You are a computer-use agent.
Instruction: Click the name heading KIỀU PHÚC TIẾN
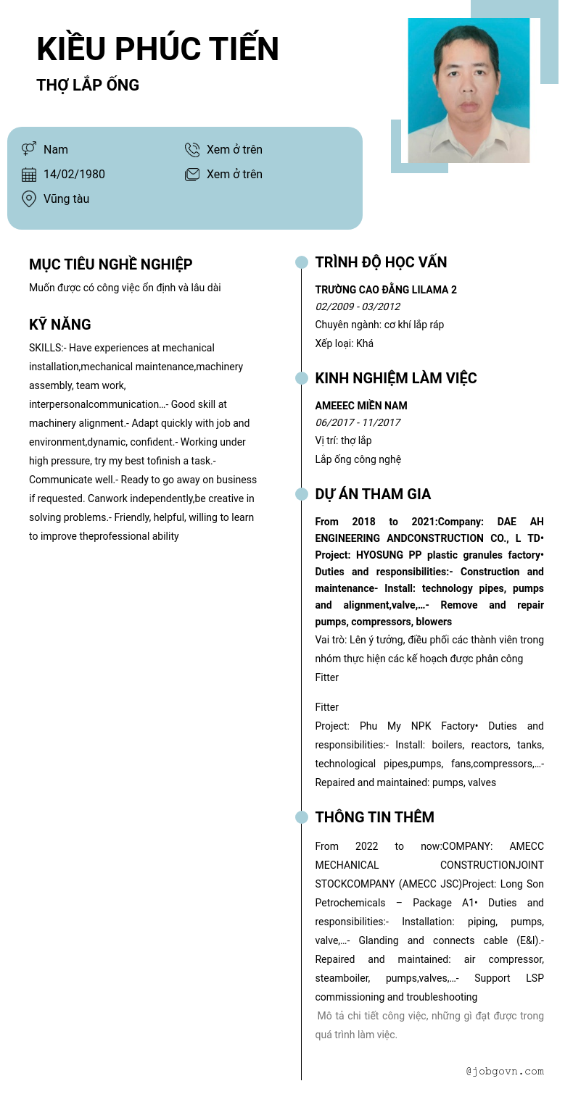pos(157,49)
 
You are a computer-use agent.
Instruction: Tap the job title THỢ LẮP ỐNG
pos(88,85)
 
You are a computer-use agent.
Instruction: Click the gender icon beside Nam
pos(29,149)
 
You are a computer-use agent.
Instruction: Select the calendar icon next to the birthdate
pos(29,174)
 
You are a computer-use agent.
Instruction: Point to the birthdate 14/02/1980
pos(74,174)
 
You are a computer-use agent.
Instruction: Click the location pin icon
pos(29,199)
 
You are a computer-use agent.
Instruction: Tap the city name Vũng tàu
pos(66,199)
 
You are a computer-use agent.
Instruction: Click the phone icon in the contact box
pos(192,149)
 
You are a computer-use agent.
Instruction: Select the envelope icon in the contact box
pos(192,174)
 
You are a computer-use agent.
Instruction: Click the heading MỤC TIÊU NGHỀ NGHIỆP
pos(110,264)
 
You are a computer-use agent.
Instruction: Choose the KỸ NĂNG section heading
pos(60,325)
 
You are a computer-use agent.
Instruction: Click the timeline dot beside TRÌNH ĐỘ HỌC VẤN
pos(302,262)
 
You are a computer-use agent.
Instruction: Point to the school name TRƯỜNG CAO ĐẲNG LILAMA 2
pos(386,290)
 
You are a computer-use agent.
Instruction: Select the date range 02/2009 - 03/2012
pos(357,306)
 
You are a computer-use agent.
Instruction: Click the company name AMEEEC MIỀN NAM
pos(361,406)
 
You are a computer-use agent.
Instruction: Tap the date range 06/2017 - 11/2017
pos(357,422)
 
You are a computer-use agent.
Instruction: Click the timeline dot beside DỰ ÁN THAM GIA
pos(302,494)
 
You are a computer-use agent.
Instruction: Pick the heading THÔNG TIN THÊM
pos(374,817)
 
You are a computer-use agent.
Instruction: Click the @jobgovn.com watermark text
pos(505,1071)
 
